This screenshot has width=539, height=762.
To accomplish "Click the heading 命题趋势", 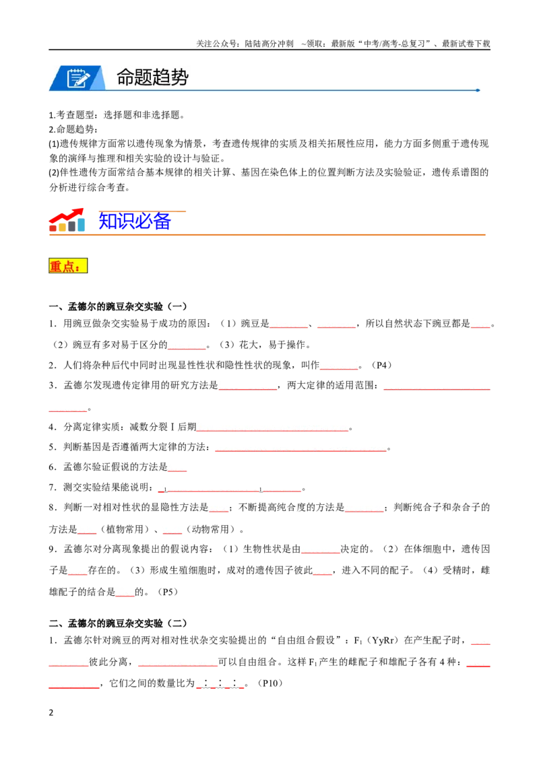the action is point(152,77).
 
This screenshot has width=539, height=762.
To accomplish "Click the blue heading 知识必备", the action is point(135,221).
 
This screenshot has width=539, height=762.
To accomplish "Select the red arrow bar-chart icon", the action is point(67,220).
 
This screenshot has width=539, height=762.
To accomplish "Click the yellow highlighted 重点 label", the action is point(68,266).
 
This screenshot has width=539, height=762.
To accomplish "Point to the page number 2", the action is point(51,713).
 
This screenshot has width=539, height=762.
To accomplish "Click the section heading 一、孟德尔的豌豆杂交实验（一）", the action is point(118,307).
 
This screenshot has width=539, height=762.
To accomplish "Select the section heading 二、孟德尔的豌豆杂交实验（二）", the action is point(118,623).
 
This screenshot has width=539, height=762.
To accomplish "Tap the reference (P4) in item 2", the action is point(381,365).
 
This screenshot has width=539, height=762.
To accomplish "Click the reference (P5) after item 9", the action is point(168,592).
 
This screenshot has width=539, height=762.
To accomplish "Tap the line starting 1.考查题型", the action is point(117,115).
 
